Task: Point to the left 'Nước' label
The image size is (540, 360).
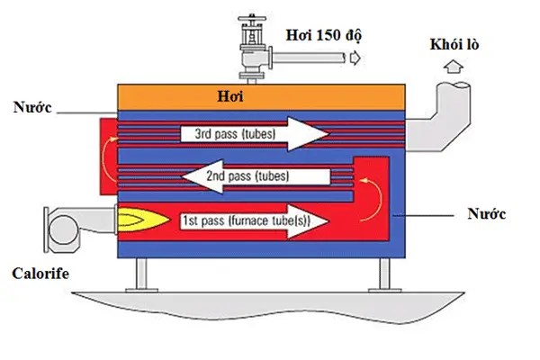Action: (31, 108)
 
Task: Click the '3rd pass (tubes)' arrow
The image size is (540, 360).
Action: (261, 135)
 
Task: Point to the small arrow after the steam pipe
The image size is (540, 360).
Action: (355, 58)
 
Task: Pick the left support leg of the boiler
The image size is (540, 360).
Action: (141, 272)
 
